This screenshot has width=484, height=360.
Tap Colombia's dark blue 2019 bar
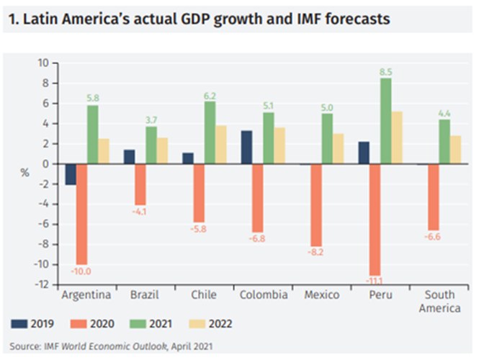click(x=245, y=147)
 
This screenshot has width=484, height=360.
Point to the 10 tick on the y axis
click(x=42, y=63)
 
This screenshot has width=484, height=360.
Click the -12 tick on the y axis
click(x=41, y=284)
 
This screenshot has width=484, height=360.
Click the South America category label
click(x=440, y=302)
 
